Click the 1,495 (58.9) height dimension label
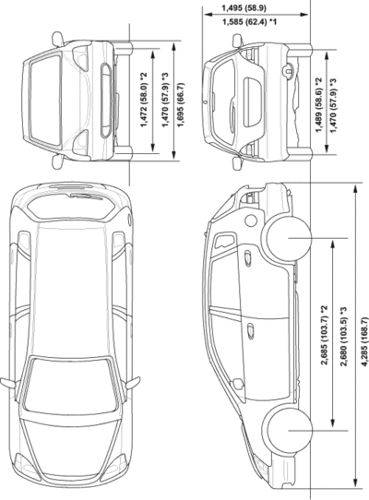244,8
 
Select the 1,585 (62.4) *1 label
249,22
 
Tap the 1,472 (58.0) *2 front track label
144,100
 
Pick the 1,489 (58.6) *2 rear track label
319,104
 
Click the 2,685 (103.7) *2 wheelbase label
325,335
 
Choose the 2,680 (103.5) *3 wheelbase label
343,337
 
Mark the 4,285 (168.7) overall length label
364,341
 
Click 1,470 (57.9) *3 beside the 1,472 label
165,100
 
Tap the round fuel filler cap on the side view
251,220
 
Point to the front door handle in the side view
251,331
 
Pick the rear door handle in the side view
248,258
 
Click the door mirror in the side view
238,384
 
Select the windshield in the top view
70,385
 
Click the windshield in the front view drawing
45,101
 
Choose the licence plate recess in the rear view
253,102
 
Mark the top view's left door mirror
8,382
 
